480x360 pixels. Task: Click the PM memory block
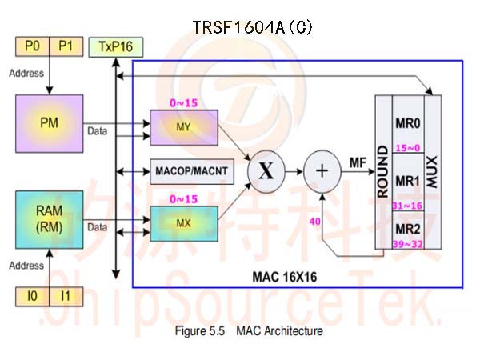point(50,123)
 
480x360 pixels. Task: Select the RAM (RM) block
point(50,219)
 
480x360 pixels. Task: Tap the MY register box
point(184,127)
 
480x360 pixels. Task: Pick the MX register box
point(184,224)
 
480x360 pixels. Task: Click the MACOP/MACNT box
point(192,171)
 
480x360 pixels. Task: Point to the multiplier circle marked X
point(266,171)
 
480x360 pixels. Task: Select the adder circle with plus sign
point(322,171)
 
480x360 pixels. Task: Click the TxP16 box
point(116,47)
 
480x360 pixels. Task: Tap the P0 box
point(33,46)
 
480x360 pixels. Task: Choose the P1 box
point(66,46)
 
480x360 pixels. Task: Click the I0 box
point(33,296)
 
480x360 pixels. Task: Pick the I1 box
point(66,296)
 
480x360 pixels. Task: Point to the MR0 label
point(408,123)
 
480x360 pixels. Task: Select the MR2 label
point(408,229)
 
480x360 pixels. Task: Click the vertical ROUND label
point(383,171)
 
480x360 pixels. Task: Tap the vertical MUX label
point(432,171)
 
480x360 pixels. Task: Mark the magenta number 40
point(314,222)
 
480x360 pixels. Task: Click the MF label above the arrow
point(358,163)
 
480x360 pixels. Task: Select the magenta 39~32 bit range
point(408,244)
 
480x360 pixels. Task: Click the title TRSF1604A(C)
point(253,27)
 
